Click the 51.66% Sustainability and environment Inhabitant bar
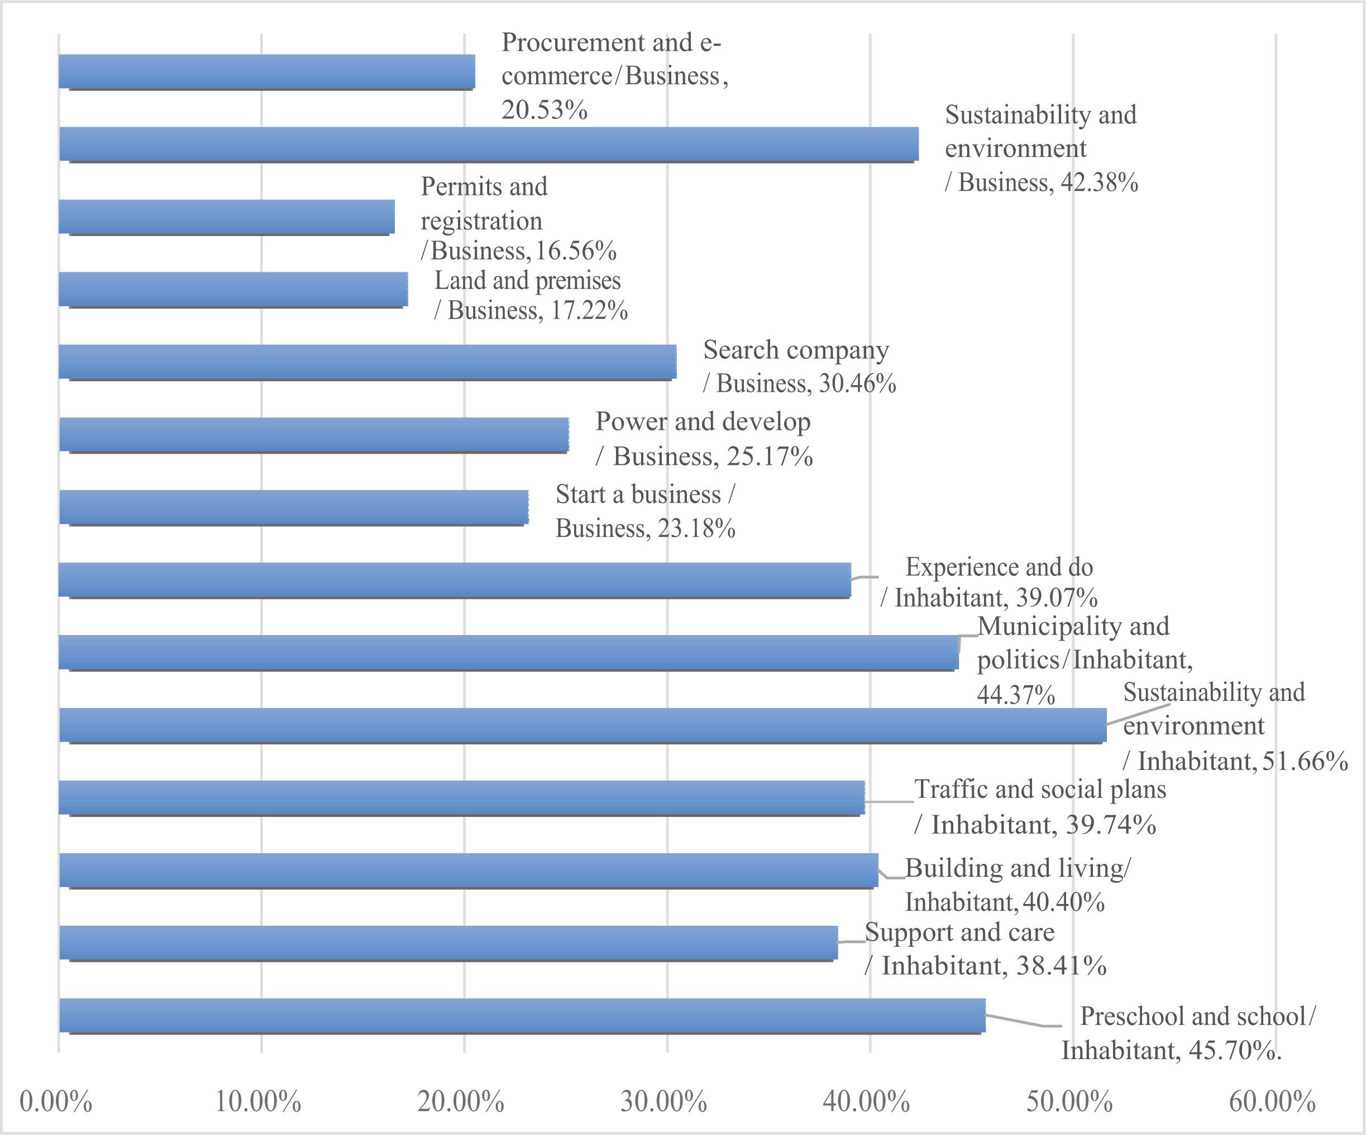pos(582,725)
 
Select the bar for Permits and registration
pos(226,217)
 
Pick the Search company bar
pos(367,362)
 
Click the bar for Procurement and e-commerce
pos(267,71)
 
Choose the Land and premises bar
pos(233,289)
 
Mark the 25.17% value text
pos(770,457)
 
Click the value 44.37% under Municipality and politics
pos(1015,695)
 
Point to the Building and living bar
pos(469,870)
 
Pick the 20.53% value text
pos(544,110)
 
